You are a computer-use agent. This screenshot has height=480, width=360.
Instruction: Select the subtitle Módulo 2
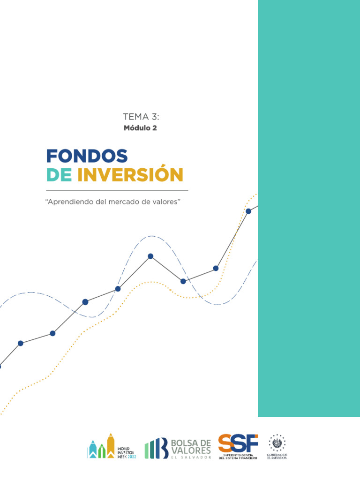[140, 128]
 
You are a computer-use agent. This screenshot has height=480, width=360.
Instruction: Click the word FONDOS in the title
[87, 156]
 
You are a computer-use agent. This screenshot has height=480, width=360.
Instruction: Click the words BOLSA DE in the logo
[192, 443]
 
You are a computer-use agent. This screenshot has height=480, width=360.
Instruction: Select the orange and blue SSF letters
[238, 443]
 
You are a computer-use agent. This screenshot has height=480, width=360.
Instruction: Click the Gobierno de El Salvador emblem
[277, 443]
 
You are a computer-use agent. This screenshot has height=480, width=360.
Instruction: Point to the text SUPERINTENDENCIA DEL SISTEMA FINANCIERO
[238, 456]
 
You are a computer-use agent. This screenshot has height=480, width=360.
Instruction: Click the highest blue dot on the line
[248, 211]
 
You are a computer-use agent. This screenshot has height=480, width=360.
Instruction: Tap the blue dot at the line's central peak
[150, 256]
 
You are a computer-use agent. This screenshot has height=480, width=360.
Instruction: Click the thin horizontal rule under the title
[117, 190]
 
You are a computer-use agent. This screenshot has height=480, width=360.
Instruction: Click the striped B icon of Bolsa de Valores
[157, 448]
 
